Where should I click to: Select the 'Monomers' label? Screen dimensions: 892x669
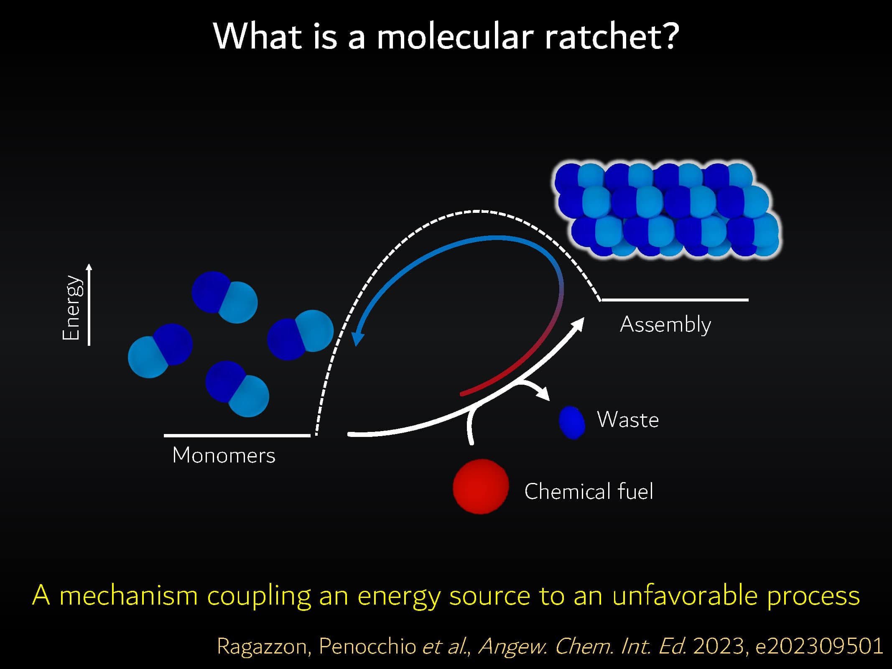224,455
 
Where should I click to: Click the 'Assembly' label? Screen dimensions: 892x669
665,324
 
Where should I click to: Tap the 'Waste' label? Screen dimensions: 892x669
628,419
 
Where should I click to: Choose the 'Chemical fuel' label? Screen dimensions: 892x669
589,491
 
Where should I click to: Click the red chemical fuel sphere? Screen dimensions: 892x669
481,486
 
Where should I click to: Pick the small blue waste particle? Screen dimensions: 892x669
572,423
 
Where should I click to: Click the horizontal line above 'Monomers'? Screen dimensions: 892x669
237,436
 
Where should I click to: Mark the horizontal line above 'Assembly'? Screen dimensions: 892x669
674,300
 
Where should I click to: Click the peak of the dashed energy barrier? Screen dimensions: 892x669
477,211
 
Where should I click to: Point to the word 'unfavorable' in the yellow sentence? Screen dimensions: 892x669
685,595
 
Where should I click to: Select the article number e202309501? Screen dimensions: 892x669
820,646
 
